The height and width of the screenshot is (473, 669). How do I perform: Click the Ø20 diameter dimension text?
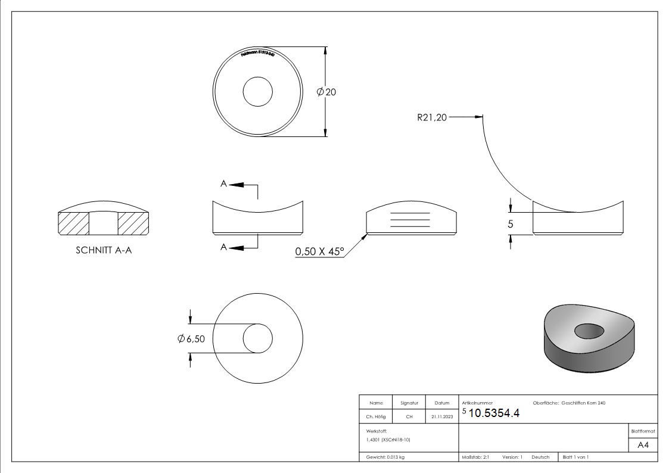(x=328, y=92)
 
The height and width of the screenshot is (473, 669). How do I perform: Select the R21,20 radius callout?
(x=431, y=117)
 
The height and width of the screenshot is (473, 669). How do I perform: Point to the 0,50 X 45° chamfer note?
(x=320, y=252)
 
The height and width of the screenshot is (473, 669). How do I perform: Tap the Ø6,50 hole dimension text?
(x=192, y=339)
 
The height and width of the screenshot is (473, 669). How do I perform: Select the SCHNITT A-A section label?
(x=104, y=251)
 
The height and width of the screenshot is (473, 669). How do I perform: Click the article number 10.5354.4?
(x=494, y=413)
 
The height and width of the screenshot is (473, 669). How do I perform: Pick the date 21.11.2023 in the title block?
(x=442, y=417)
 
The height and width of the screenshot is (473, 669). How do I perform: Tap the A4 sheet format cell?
(x=643, y=445)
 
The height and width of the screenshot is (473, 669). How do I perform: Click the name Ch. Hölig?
(x=375, y=417)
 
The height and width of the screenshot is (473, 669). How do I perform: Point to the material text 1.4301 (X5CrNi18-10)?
(x=388, y=440)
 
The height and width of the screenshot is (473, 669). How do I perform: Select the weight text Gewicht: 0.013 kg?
(x=385, y=457)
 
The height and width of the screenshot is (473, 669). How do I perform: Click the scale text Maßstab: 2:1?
(x=475, y=457)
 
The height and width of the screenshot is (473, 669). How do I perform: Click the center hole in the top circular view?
(x=258, y=92)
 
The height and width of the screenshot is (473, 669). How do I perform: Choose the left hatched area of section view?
(x=73, y=223)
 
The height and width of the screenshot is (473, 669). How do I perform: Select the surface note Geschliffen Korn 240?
(x=587, y=403)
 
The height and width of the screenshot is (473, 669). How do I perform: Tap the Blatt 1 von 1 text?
(x=575, y=457)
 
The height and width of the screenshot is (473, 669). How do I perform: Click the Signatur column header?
(x=409, y=403)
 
